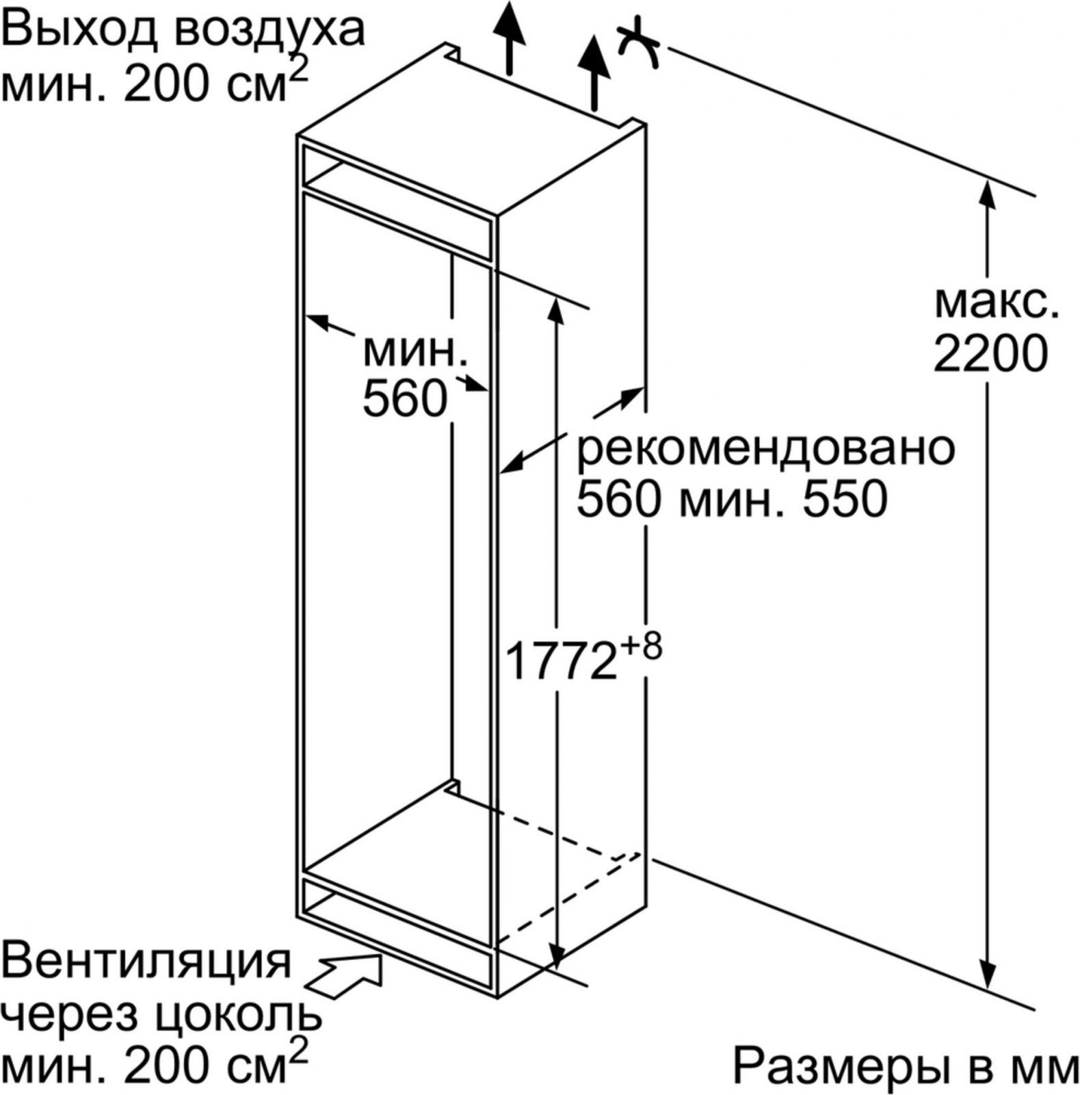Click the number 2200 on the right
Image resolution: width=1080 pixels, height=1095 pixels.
990,354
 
